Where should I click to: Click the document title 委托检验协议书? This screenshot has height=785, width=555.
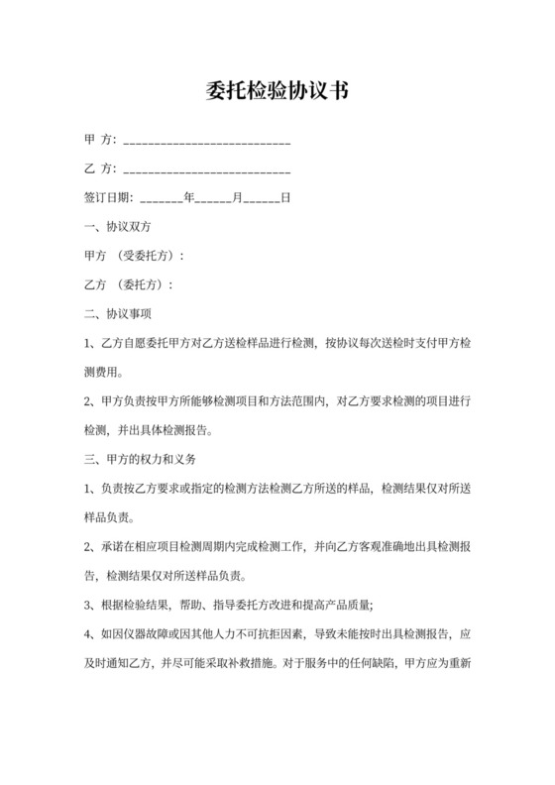pos(277,92)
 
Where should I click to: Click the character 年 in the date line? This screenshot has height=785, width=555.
pos(188,197)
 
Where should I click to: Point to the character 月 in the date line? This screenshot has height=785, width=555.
pos(237,197)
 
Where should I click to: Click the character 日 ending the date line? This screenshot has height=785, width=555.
pos(285,197)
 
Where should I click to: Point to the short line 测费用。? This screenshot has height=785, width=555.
pos(106,373)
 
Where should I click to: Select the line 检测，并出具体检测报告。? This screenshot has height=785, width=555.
pos(149,431)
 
